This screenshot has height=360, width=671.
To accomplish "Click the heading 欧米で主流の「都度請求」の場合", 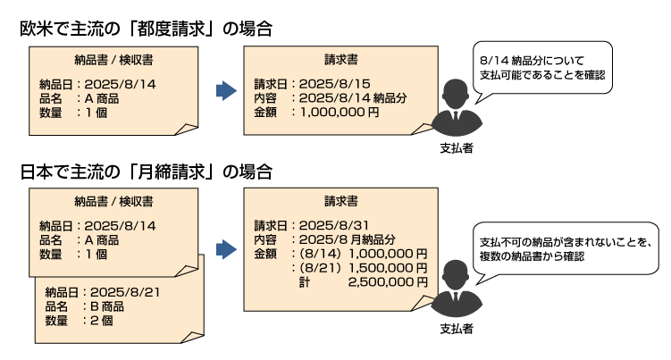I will click(x=146, y=29).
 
